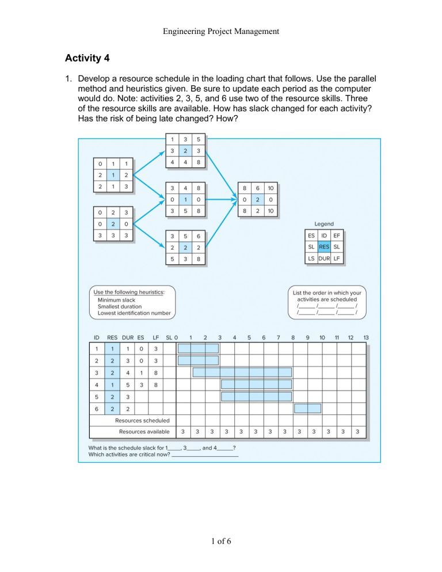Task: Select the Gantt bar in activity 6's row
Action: pyautogui.click(x=307, y=409)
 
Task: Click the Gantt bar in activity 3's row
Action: pyautogui.click(x=242, y=372)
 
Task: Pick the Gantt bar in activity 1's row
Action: pyautogui.click(x=198, y=348)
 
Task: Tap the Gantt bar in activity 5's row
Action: pyautogui.click(x=256, y=396)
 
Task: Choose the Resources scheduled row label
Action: pyautogui.click(x=145, y=420)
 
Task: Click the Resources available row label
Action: pyautogui.click(x=144, y=431)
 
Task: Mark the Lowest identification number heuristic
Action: pyautogui.click(x=134, y=313)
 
